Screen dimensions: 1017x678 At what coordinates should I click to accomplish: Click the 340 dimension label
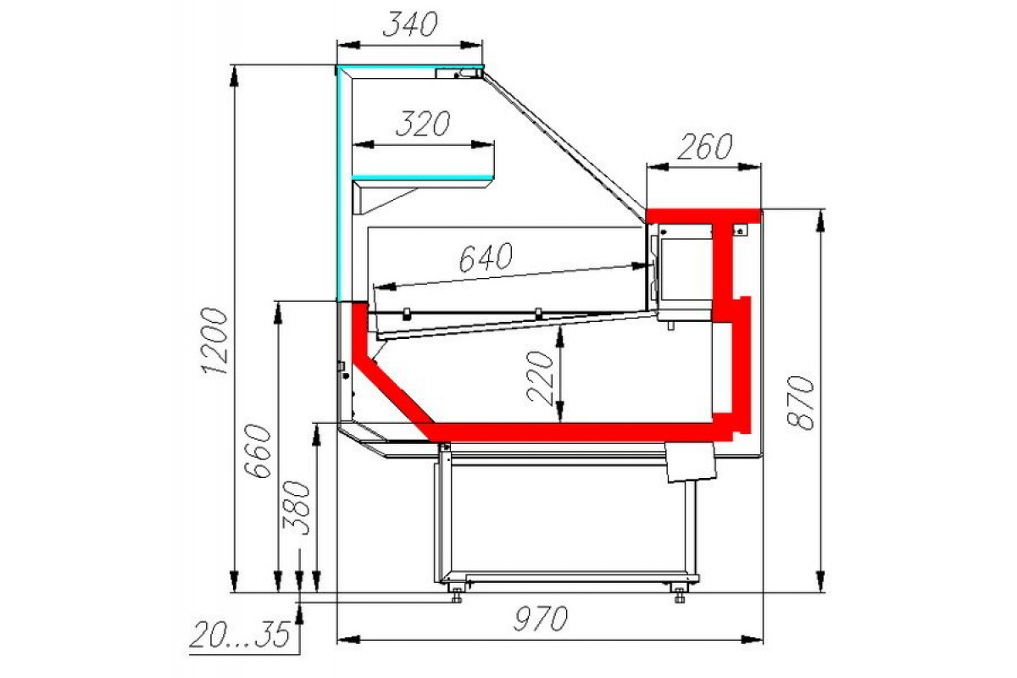[x=410, y=24]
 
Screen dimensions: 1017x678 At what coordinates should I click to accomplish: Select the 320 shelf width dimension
[x=423, y=123]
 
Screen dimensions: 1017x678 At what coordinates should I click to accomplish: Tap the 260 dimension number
[x=704, y=147]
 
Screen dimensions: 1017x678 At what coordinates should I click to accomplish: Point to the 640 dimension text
[x=486, y=257]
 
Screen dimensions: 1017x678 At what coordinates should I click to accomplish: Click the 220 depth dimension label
[x=541, y=377]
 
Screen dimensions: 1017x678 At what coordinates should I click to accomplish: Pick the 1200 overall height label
[x=214, y=340]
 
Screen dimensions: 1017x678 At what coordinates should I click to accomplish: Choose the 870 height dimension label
[x=800, y=403]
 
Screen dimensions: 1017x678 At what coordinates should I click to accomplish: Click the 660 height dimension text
[x=258, y=451]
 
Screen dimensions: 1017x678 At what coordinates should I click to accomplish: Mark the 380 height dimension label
[x=296, y=508]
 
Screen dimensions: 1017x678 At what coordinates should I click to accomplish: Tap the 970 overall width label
[x=541, y=618]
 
